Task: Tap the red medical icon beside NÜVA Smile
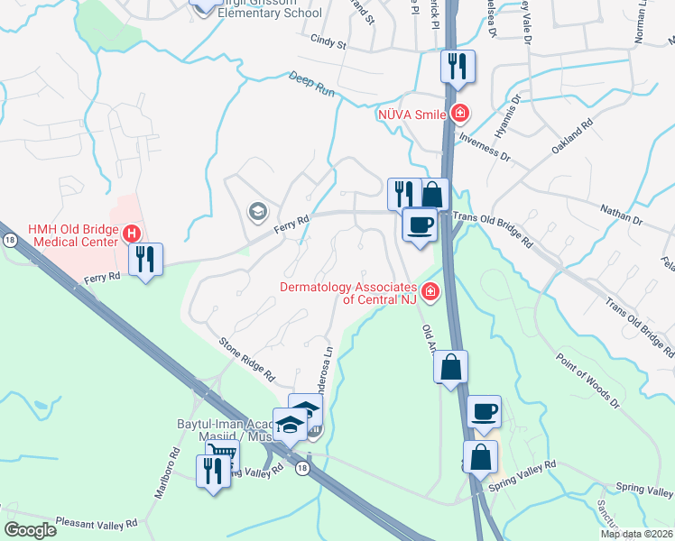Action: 460,114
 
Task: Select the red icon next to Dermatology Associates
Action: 430,291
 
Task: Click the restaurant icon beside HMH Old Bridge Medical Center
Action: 145,260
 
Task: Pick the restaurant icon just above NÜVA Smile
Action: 458,67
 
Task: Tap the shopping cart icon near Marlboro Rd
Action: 221,453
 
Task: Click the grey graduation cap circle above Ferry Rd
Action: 256,212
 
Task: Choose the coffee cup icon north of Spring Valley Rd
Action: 484,411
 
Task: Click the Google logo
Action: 31,530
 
